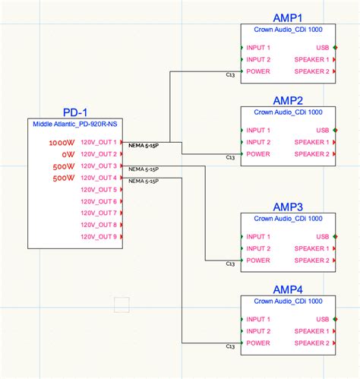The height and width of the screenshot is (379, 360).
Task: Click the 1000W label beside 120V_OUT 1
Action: coord(62,143)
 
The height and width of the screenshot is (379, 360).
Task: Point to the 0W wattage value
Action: coord(67,154)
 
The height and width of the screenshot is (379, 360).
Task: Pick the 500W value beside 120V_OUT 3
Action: coord(64,166)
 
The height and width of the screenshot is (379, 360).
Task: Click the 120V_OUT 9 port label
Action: coord(99,237)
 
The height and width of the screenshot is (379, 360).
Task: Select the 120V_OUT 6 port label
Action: coord(99,201)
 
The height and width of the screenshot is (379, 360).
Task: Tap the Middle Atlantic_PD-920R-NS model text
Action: coord(75,125)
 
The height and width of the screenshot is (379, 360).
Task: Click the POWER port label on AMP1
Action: coord(258,71)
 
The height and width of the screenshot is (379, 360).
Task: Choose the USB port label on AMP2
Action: coord(323,131)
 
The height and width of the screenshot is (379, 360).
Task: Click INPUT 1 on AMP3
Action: coord(259,237)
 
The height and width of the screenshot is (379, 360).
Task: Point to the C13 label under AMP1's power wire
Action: coord(230,76)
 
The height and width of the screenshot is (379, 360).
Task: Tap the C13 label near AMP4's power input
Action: coord(230,348)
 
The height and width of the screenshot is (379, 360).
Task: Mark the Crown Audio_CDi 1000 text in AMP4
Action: coord(286,301)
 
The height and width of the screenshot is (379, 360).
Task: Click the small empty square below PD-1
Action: coord(121,305)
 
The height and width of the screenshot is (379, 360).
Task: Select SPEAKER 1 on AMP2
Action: coord(311,142)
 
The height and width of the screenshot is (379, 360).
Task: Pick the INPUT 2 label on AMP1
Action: coord(259,59)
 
